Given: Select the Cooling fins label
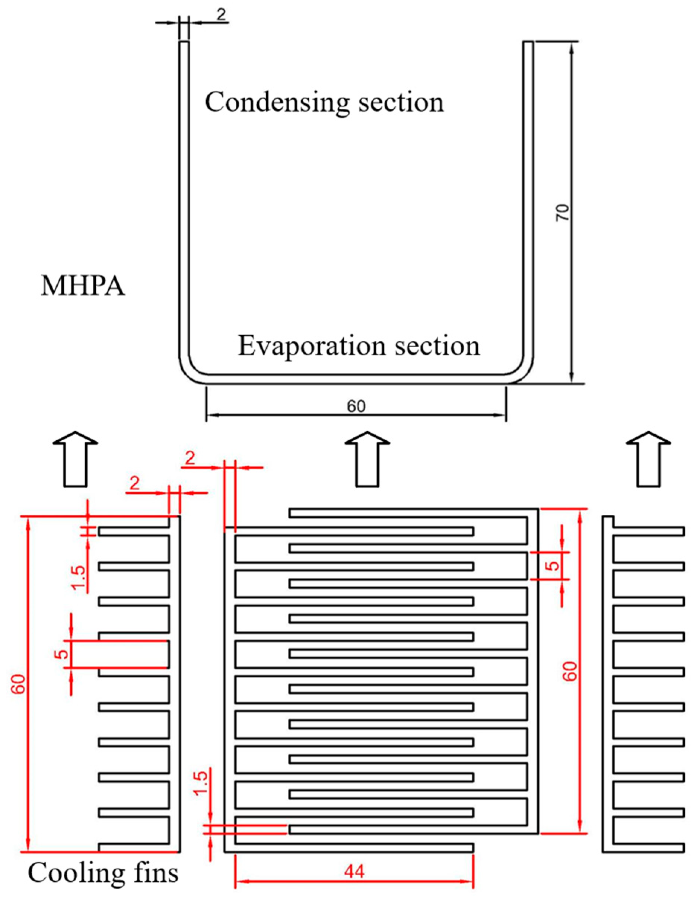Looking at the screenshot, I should pyautogui.click(x=103, y=873).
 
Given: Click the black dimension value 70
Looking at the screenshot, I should pyautogui.click(x=563, y=213).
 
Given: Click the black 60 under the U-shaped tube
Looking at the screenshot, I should pyautogui.click(x=356, y=406).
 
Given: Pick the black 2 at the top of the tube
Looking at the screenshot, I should pyautogui.click(x=221, y=15).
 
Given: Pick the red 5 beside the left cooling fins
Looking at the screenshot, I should pyautogui.click(x=62, y=654).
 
